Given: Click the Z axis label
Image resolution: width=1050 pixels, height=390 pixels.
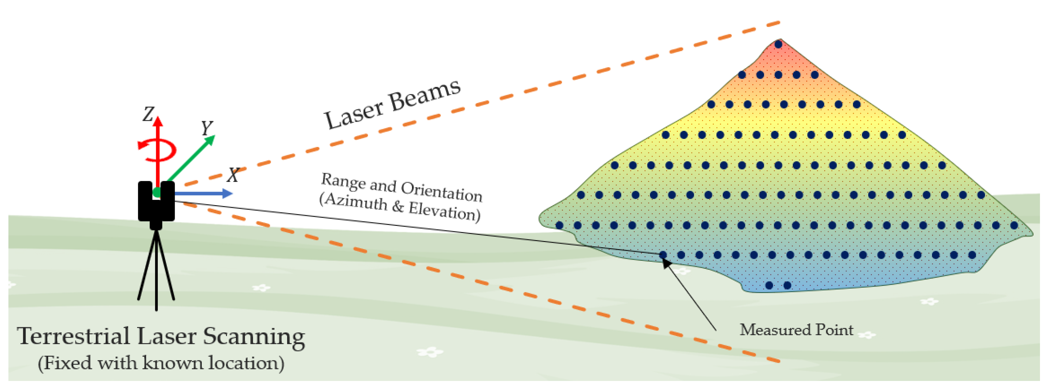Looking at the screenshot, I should (148, 114).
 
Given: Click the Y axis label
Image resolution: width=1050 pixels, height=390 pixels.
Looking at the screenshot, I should (207, 128).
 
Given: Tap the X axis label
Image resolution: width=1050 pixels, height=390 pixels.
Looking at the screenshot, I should (233, 175).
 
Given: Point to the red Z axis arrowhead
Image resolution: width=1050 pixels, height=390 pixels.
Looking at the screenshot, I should (158, 121).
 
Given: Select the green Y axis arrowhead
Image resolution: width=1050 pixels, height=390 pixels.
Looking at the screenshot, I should (210, 140).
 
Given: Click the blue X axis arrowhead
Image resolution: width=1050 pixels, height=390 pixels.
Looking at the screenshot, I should (227, 193).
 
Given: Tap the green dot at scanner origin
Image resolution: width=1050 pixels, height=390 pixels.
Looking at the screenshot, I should (157, 193).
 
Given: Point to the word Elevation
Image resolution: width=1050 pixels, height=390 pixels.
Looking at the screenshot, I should (444, 211).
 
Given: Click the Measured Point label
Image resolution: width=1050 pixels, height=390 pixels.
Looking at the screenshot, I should (796, 330).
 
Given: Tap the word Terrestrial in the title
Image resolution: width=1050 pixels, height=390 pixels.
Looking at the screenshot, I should (73, 336).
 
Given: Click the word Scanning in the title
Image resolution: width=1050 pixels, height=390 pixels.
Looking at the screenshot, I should (254, 337).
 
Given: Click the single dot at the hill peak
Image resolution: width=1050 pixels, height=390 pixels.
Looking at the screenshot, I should (778, 44).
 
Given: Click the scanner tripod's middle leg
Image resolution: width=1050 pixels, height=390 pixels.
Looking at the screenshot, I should (156, 277).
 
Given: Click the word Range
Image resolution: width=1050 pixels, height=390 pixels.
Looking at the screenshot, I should (344, 182).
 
